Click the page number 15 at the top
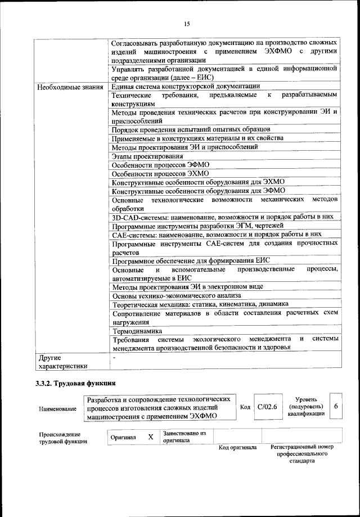187,24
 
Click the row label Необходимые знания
70,87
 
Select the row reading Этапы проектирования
147,156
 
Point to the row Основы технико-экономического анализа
177,295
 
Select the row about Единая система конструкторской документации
186,86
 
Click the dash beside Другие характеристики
114,357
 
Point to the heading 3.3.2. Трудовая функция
72,384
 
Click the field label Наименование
58,408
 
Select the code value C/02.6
267,407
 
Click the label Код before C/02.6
245,407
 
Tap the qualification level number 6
336,406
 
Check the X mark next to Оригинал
151,437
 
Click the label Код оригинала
237,448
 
